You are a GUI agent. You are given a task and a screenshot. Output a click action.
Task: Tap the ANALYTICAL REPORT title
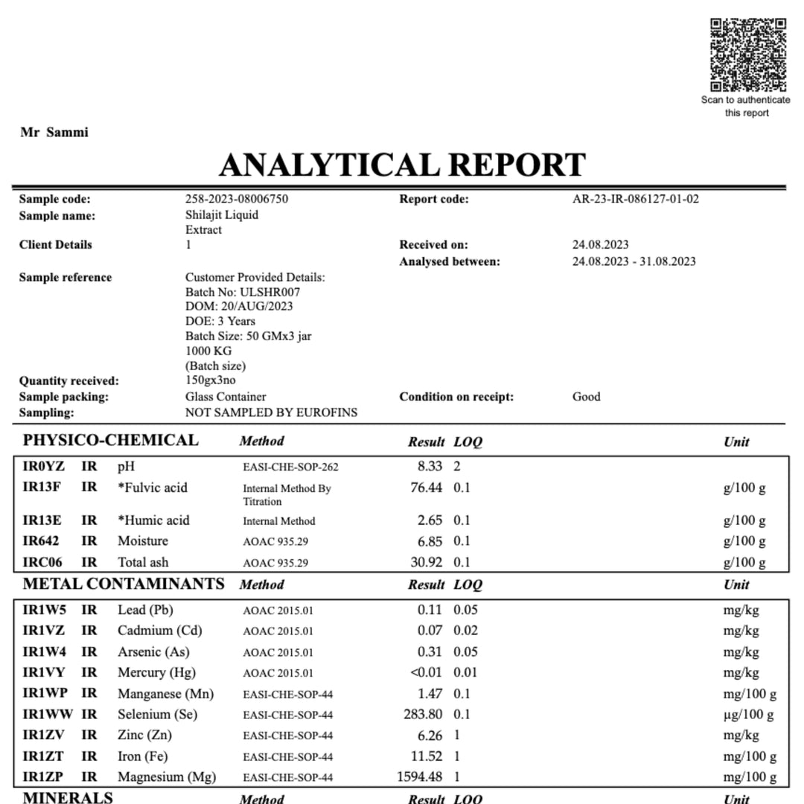click(403, 165)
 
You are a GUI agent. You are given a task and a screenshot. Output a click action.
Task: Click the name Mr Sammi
click(54, 133)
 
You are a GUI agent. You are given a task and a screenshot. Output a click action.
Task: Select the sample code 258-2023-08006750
click(237, 199)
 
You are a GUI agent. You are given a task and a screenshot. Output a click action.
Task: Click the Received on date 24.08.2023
click(600, 244)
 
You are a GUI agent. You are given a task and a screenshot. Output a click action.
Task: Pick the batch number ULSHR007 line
click(243, 292)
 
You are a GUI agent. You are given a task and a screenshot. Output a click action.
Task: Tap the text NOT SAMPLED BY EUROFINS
click(271, 412)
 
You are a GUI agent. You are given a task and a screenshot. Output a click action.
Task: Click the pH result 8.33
click(429, 467)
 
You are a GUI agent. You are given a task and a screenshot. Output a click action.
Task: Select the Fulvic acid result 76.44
click(426, 488)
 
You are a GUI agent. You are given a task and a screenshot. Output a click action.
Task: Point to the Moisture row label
click(143, 541)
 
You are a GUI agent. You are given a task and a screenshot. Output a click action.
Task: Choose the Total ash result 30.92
click(426, 562)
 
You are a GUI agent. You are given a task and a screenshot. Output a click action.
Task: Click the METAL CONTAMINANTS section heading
click(124, 584)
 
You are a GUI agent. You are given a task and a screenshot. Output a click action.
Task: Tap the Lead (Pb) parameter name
click(145, 610)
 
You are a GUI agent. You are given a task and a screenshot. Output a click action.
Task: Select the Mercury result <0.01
click(426, 672)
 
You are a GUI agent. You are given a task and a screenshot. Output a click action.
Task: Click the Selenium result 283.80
click(422, 715)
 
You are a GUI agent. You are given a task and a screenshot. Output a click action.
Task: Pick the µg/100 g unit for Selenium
click(748, 715)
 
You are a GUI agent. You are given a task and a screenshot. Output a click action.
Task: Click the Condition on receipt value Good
click(586, 397)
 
